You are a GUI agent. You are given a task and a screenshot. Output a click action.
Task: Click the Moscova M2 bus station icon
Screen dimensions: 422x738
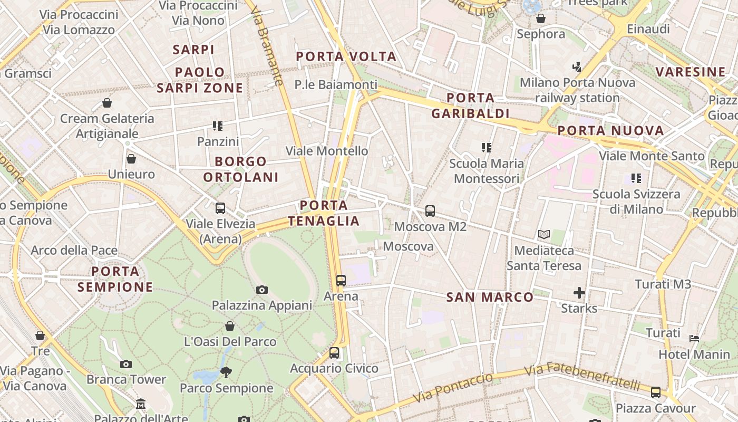(430, 211)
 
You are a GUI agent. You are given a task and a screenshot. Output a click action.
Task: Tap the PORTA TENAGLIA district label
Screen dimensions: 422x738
(324, 213)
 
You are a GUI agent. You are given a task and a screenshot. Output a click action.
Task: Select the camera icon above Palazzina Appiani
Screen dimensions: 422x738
(261, 290)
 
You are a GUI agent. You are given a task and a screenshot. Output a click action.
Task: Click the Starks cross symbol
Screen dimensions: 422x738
(579, 293)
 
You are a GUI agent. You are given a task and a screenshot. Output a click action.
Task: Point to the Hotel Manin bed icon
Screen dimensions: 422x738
(694, 338)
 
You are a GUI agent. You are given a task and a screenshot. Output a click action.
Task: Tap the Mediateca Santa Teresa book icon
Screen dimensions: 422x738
(543, 234)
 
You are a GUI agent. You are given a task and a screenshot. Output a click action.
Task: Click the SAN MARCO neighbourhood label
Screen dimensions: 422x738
(490, 298)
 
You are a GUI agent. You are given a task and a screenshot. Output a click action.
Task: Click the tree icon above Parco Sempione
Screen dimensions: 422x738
(226, 372)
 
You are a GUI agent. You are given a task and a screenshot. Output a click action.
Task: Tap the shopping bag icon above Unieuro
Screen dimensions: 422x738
(131, 159)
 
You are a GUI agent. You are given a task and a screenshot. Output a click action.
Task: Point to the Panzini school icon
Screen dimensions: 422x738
(217, 126)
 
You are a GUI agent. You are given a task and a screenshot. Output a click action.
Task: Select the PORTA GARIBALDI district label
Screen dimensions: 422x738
(470, 105)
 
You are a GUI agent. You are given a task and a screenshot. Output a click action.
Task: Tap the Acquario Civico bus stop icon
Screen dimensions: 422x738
(334, 353)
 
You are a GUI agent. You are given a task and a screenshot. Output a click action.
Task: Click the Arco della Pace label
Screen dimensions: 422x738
(74, 250)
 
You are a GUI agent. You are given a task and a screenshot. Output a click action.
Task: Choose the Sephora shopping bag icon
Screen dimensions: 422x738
(540, 19)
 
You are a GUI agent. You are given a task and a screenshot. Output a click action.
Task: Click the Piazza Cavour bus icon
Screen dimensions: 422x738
(655, 392)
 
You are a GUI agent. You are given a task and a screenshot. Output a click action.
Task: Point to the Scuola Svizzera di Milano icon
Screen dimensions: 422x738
(636, 178)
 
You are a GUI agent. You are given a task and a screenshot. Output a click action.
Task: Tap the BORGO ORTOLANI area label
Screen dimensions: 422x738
(241, 169)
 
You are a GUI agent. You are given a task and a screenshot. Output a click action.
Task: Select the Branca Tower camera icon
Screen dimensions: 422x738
(125, 364)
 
